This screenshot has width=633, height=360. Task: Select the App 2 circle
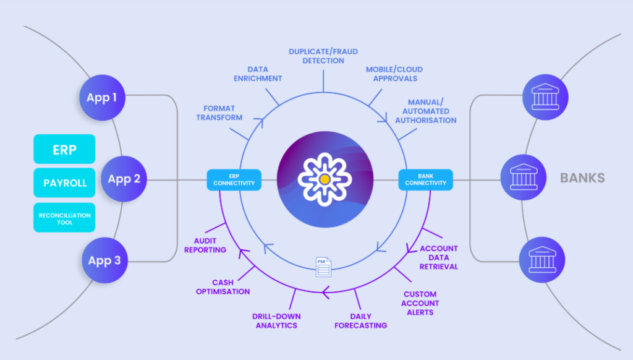pyautogui.click(x=124, y=179)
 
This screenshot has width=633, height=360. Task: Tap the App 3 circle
pyautogui.click(x=104, y=260)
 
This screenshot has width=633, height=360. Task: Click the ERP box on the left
pyautogui.click(x=64, y=149)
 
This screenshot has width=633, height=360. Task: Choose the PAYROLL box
pyautogui.click(x=64, y=183)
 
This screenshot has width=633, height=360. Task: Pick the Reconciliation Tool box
pyautogui.click(x=64, y=218)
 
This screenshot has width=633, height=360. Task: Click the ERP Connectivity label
pyautogui.click(x=234, y=180)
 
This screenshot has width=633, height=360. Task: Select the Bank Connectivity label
pyautogui.click(x=426, y=180)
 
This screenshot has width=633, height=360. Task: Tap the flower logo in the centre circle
pyautogui.click(x=324, y=179)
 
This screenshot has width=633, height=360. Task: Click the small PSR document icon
pyautogui.click(x=323, y=266)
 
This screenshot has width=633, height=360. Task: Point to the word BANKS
pyautogui.click(x=582, y=179)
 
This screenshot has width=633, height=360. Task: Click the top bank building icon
pyautogui.click(x=545, y=97)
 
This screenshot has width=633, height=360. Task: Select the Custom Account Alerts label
pyautogui.click(x=421, y=303)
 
